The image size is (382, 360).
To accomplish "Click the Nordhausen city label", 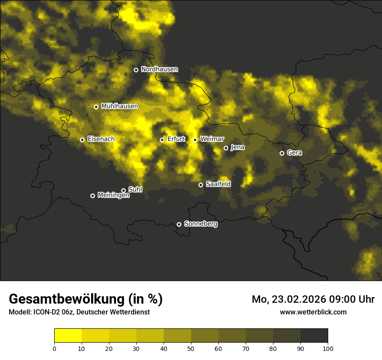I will (x=159, y=69).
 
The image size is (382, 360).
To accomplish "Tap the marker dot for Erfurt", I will (x=162, y=140).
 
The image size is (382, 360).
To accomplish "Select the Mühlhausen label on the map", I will (x=119, y=106).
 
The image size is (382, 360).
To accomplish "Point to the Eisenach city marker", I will (x=82, y=140).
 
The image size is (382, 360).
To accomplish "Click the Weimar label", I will (x=212, y=139).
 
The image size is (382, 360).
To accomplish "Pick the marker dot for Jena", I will (x=226, y=148).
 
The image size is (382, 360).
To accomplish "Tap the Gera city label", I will (x=294, y=153).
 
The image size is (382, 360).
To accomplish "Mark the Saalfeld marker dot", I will (x=201, y=185).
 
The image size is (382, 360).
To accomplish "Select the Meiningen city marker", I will (x=92, y=196).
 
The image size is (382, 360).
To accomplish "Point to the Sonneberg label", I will (x=201, y=224).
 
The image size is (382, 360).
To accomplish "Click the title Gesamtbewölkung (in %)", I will (x=86, y=299).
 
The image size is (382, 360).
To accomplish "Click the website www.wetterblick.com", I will (x=313, y=312).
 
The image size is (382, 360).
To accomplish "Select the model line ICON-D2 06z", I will (x=79, y=312).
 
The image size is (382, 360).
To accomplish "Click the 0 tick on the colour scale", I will (x=54, y=348).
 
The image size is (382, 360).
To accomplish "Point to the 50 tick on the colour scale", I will (x=191, y=348).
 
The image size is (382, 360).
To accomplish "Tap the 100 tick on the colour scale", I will (x=328, y=348).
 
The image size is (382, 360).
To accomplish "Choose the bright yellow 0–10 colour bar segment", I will (x=68, y=335).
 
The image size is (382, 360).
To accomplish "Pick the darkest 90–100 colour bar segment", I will (x=314, y=335).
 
